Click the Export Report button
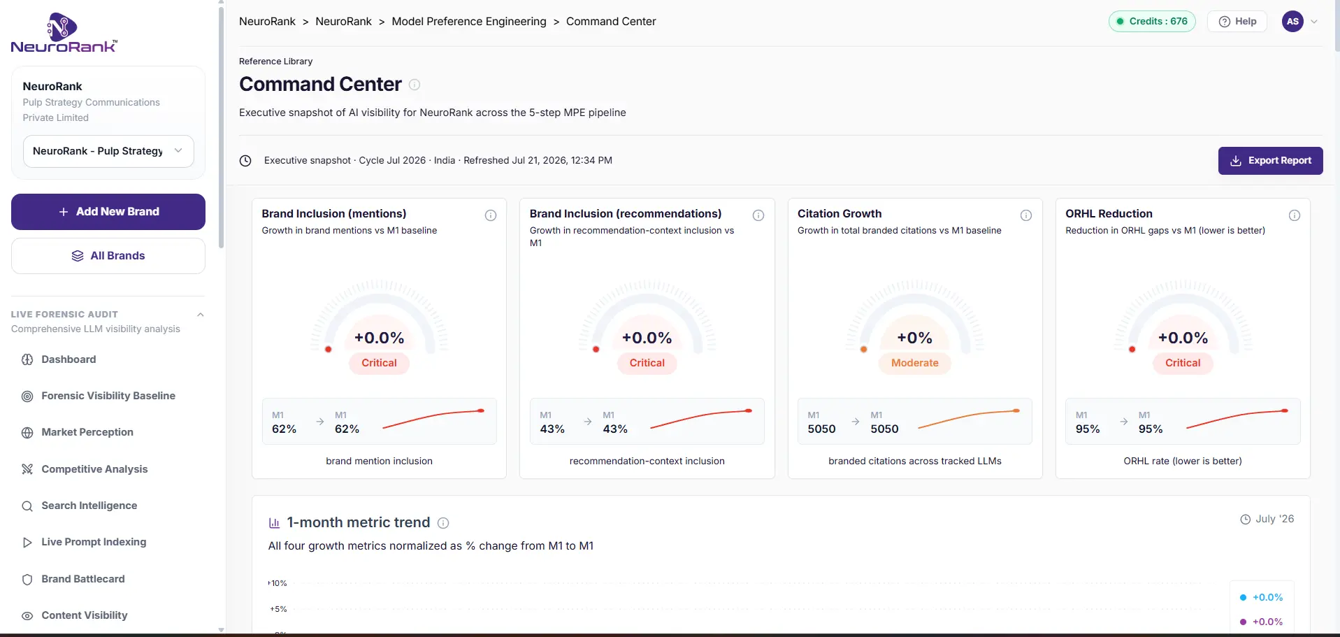click(1270, 161)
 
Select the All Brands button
click(108, 256)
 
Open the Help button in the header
click(1238, 22)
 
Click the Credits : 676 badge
click(1152, 22)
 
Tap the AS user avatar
click(1292, 22)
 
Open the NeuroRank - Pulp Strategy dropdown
click(108, 151)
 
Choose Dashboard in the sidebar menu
click(69, 359)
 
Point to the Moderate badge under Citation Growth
click(914, 363)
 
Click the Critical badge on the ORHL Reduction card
click(1183, 363)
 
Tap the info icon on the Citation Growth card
click(1026, 215)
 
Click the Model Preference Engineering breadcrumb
click(469, 22)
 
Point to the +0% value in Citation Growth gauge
click(914, 338)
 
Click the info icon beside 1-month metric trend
click(443, 523)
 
